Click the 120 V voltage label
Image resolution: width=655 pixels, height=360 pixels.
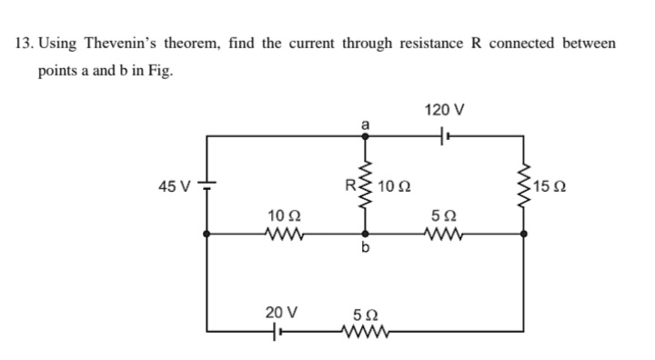444,111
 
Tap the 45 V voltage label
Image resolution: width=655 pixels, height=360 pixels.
173,186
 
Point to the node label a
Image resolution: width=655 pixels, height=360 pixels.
366,123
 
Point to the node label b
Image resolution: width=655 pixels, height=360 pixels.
366,252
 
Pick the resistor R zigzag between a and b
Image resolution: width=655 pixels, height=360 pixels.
366,185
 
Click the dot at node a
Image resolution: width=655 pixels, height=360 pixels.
366,136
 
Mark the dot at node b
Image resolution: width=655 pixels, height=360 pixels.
366,234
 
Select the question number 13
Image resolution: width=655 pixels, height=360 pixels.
25,43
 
